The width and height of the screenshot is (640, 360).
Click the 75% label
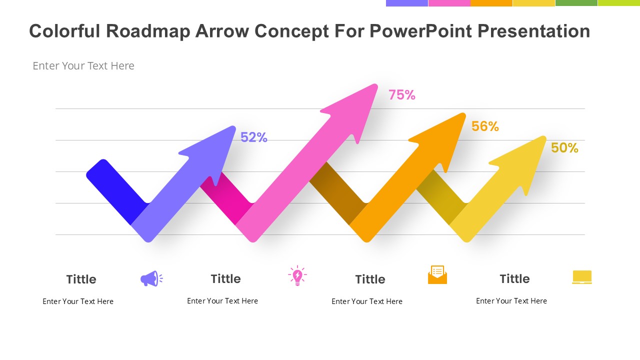[x=401, y=95]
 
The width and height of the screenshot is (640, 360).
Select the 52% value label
[x=253, y=137]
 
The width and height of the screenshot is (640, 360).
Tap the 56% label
[x=485, y=126]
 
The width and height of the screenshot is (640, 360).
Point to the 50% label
[x=564, y=148]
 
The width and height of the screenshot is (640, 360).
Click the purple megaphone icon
[x=151, y=278]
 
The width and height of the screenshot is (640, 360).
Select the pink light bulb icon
[x=297, y=275]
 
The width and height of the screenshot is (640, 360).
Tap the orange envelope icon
[x=437, y=274]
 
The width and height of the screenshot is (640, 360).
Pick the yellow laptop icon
[x=582, y=277]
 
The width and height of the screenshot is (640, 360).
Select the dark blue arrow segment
[x=117, y=192]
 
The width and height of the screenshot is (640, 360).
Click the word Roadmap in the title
[x=148, y=31]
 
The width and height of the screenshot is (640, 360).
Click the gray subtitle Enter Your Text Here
[x=83, y=65]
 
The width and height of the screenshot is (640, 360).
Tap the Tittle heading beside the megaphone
[x=81, y=279]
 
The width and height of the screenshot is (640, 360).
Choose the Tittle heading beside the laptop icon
[x=514, y=279]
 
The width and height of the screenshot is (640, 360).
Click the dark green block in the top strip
[x=576, y=3]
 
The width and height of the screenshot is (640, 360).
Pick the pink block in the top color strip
[x=449, y=3]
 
